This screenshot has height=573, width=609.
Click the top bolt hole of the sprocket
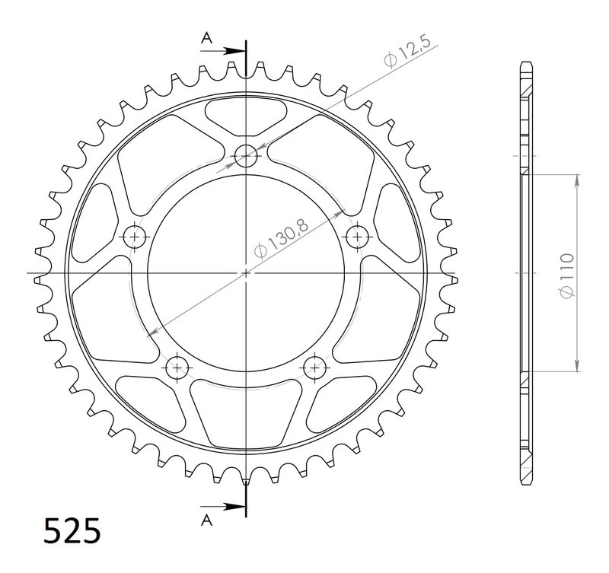click(x=246, y=157)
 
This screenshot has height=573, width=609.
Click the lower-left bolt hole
click(x=178, y=368)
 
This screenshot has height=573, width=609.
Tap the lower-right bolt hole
click(x=313, y=368)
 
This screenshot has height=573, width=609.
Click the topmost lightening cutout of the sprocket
click(x=246, y=114)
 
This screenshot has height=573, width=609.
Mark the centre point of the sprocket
click(x=246, y=272)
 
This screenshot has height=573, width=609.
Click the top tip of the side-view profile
click(x=525, y=60)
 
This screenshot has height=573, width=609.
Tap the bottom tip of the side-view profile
click(x=525, y=485)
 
